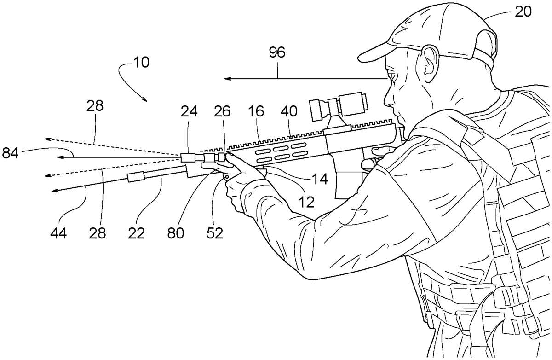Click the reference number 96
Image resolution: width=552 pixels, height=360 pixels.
(x=277, y=52)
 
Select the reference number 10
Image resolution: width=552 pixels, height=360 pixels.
(x=141, y=62)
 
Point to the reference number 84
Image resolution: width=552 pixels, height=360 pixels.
(x=11, y=152)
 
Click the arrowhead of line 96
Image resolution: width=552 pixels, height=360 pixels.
(x=227, y=79)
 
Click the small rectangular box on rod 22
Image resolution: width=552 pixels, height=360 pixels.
(x=137, y=177)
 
